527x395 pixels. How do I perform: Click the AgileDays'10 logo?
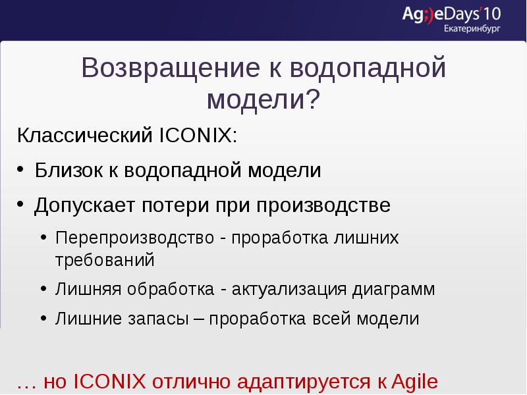click(451, 14)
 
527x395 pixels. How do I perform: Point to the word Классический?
click(84, 137)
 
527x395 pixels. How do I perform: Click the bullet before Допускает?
click(22, 205)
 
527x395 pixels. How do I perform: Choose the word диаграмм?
click(393, 290)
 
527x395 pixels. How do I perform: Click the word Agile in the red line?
click(414, 382)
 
